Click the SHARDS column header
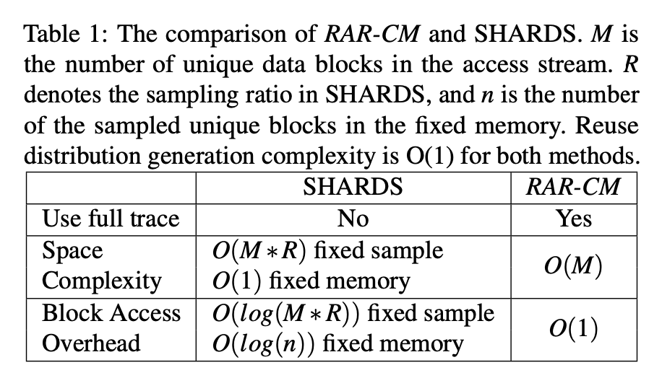[x=353, y=187]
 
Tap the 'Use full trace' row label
[x=111, y=218]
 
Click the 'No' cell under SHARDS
[x=353, y=218]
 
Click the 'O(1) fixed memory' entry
[x=311, y=281]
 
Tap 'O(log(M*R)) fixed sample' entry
[x=353, y=313]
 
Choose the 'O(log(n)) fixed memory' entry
[x=338, y=343]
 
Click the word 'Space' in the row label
[x=72, y=250]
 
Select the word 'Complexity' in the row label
[x=102, y=281]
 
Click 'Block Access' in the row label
[x=111, y=313]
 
